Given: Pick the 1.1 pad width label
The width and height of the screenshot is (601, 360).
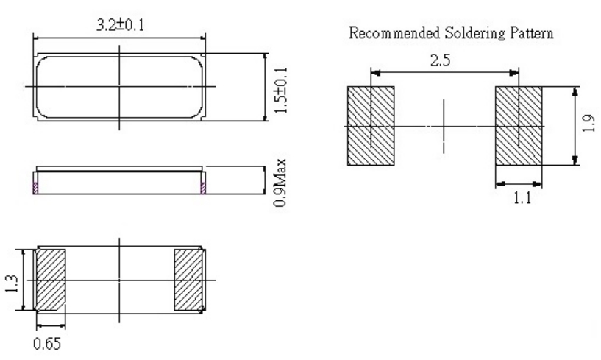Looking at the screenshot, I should (519, 197).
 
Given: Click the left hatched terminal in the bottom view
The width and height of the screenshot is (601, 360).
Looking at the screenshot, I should (51, 280).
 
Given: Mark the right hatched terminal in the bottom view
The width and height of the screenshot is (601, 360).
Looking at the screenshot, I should (188, 280).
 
